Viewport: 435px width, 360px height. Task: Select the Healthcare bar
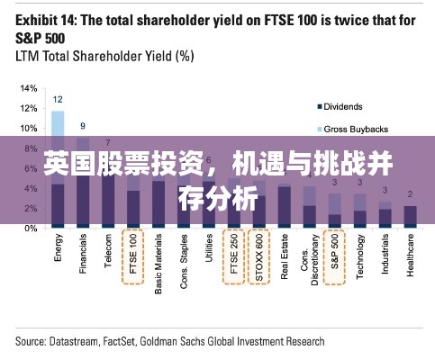[x=410, y=216]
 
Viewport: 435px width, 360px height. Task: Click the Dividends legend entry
[x=342, y=105]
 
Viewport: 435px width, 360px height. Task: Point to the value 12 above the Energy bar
[x=58, y=99]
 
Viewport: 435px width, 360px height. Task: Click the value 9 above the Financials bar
[x=83, y=126]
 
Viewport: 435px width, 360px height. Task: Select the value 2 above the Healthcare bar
[x=410, y=194]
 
